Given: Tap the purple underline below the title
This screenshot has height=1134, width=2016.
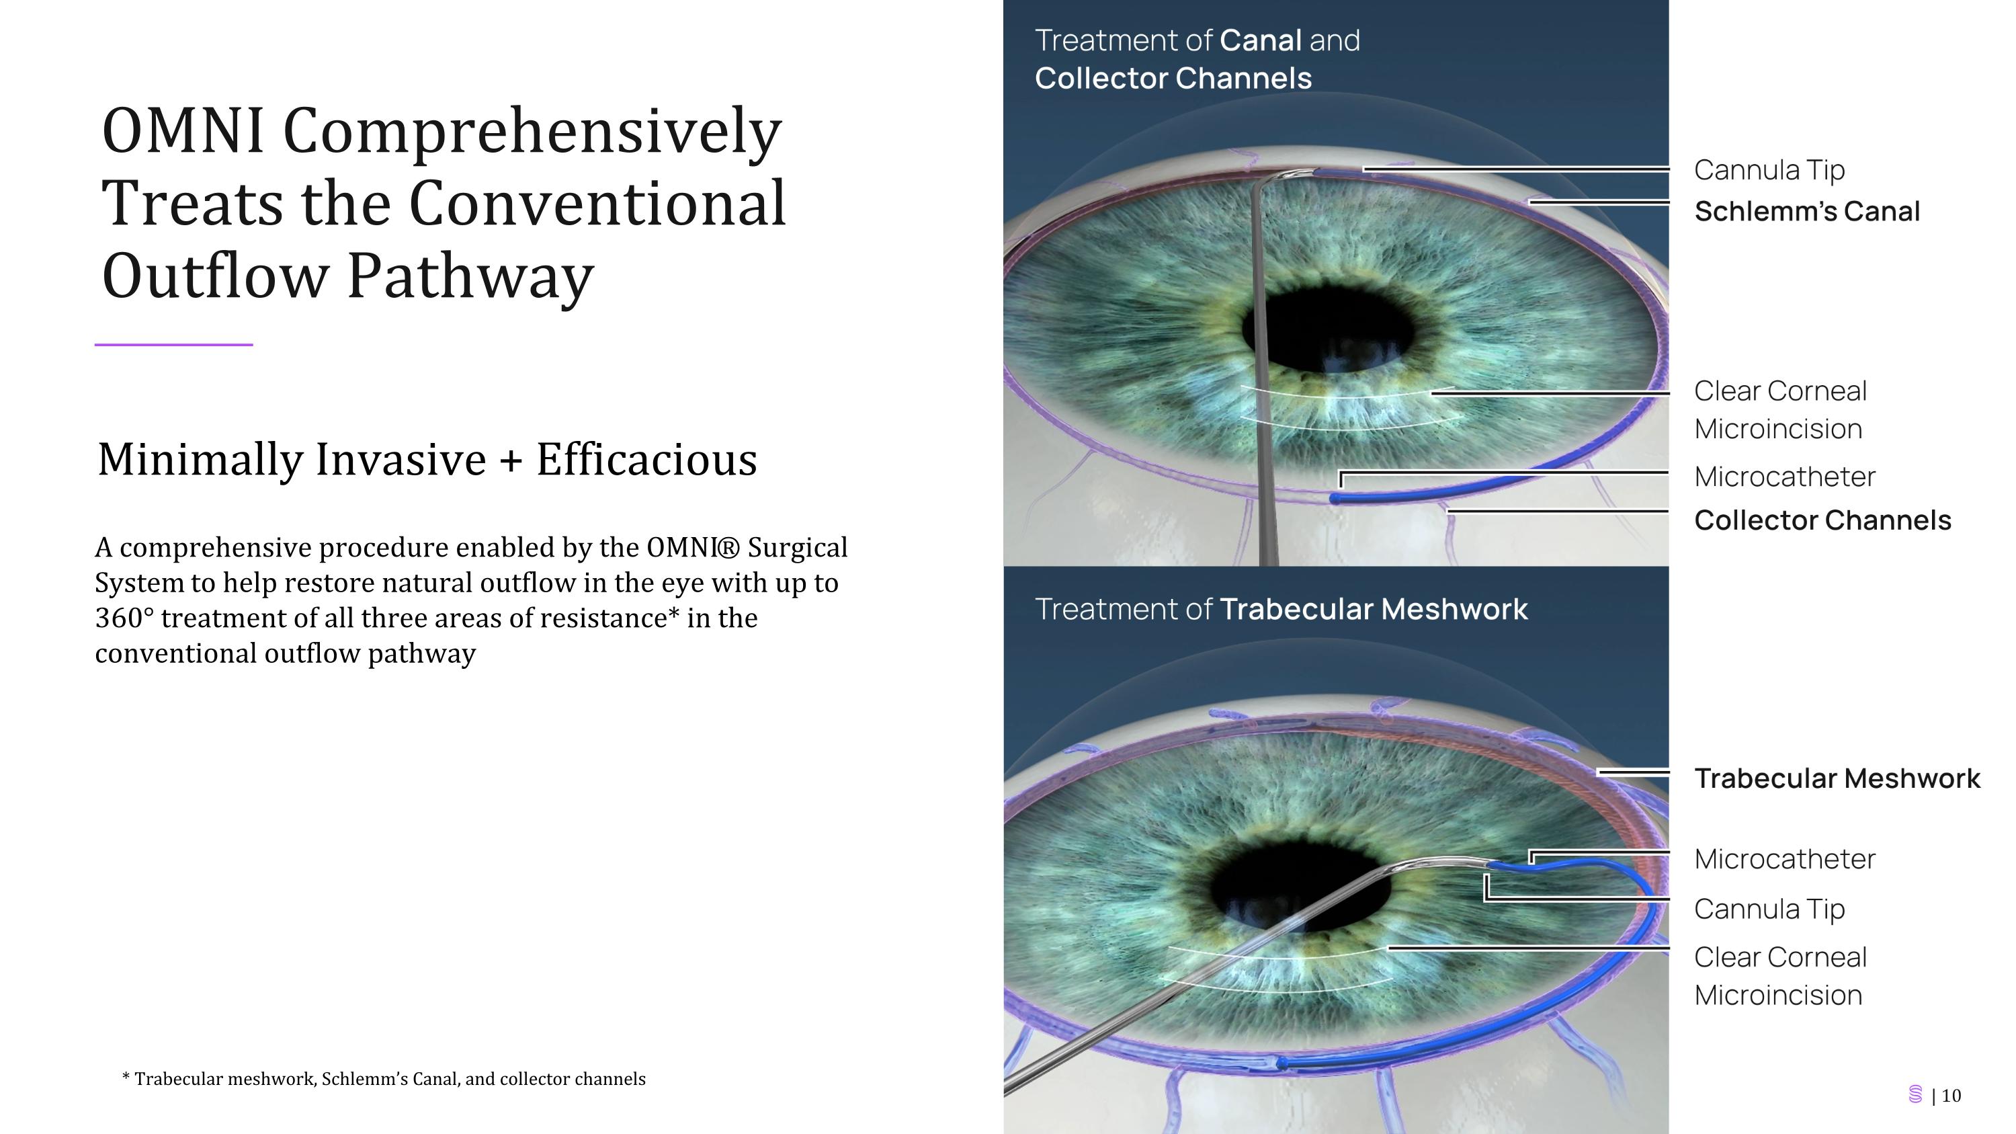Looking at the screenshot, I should (x=174, y=344).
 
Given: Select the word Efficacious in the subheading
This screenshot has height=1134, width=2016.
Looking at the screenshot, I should (x=646, y=459).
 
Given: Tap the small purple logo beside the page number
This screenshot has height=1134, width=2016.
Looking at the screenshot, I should (x=1915, y=1094).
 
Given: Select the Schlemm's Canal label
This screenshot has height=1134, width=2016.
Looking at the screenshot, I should (x=1806, y=211).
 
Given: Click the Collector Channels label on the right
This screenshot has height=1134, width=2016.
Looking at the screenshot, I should (x=1822, y=520).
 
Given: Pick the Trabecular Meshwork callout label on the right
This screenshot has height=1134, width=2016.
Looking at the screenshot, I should (x=1837, y=778).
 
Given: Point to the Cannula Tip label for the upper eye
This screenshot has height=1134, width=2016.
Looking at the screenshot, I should (x=1769, y=170).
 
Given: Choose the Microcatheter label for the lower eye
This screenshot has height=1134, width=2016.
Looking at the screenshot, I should (x=1784, y=859).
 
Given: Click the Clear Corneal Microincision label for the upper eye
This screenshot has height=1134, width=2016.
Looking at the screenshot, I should (x=1779, y=409).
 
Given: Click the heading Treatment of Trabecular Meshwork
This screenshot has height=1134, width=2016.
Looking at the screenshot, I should (x=1280, y=609).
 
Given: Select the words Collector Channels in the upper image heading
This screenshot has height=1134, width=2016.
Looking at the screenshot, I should (x=1173, y=78).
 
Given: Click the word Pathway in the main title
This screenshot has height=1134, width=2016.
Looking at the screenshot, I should (x=470, y=276).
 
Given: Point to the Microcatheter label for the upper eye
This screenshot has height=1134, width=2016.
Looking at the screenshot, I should (x=1784, y=477).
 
